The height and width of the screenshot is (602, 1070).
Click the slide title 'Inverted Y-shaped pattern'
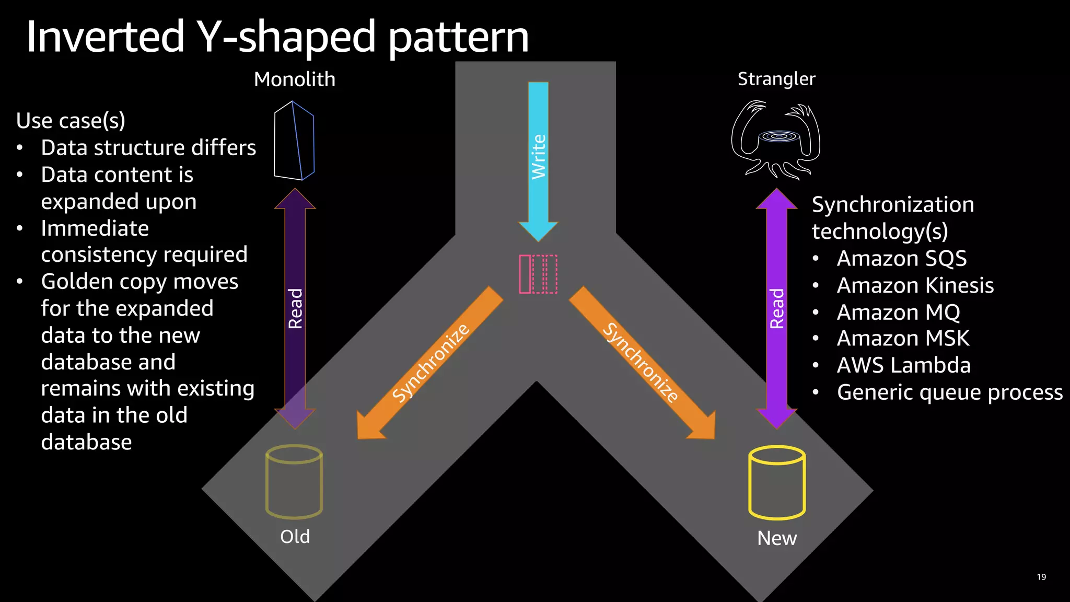pos(277,37)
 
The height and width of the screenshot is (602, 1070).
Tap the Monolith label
pos(295,79)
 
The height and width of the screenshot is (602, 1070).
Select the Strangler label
pos(776,79)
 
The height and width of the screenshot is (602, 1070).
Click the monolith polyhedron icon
pos(294,141)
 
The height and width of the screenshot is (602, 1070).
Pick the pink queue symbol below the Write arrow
pos(538,274)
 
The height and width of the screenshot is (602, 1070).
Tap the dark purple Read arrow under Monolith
pos(295,308)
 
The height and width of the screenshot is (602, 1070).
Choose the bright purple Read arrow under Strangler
pos(777,308)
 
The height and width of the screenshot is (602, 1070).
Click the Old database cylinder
pos(294,481)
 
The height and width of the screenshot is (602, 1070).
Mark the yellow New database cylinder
pos(777,482)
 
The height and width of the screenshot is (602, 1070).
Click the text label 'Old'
pos(295,537)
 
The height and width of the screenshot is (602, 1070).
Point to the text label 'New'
pos(777,538)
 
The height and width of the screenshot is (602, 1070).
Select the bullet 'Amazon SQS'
pos(902,259)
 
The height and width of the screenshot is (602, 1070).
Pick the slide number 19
pos(1041,577)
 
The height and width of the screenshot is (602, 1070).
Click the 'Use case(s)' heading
pos(71,121)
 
